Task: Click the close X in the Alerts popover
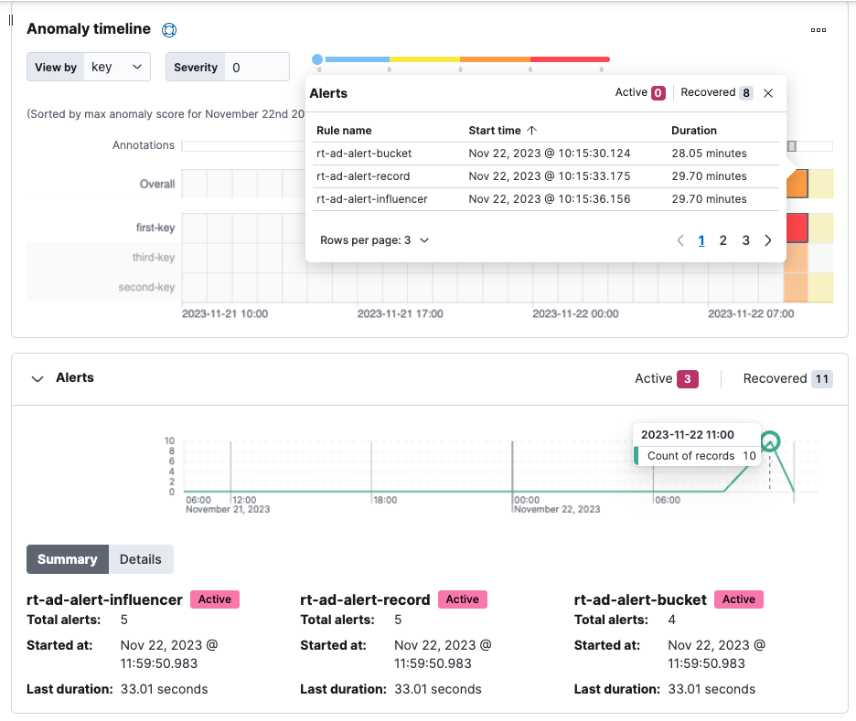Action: pyautogui.click(x=768, y=93)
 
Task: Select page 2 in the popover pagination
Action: pyautogui.click(x=723, y=240)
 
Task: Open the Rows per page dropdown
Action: pyautogui.click(x=375, y=240)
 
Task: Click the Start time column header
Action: pyautogui.click(x=502, y=131)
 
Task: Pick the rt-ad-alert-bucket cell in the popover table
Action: pyautogui.click(x=364, y=154)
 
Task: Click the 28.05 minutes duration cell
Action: pyautogui.click(x=709, y=154)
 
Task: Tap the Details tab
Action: pyautogui.click(x=140, y=559)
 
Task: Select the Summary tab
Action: pyautogui.click(x=68, y=559)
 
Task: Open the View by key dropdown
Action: pyautogui.click(x=118, y=67)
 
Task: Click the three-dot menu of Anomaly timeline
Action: pyautogui.click(x=819, y=30)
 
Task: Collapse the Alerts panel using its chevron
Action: pyautogui.click(x=37, y=378)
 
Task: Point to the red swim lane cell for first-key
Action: pyautogui.click(x=796, y=227)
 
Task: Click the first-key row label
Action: pyautogui.click(x=155, y=228)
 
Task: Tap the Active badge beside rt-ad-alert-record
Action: pyautogui.click(x=462, y=599)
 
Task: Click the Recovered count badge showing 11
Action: pyautogui.click(x=821, y=378)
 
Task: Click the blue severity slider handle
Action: pyautogui.click(x=317, y=59)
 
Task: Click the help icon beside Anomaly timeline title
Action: pyautogui.click(x=168, y=30)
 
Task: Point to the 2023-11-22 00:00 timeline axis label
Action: pyautogui.click(x=575, y=313)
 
